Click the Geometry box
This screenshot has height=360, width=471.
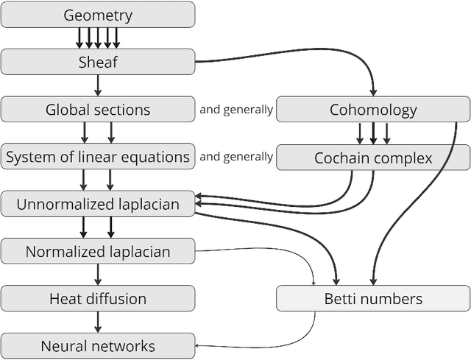tap(98, 15)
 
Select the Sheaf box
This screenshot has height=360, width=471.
tap(98, 62)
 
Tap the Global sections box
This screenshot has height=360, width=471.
tap(98, 110)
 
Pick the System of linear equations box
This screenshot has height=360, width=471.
tap(98, 157)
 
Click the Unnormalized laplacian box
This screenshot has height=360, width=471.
tap(98, 204)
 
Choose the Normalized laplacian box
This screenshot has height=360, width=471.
tap(98, 252)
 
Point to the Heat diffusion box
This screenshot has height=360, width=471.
tap(98, 299)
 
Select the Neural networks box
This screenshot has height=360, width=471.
tap(98, 346)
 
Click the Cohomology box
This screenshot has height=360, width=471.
tap(373, 110)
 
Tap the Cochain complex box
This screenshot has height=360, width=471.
tap(373, 158)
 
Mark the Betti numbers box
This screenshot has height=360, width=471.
tap(373, 299)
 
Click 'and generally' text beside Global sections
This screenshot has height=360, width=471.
tap(235, 110)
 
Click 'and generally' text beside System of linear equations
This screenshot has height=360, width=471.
tap(235, 157)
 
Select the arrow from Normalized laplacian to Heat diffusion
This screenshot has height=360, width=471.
tap(98, 275)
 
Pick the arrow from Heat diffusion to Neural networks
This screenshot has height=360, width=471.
tap(98, 322)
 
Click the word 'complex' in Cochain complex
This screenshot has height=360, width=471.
tap(403, 158)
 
